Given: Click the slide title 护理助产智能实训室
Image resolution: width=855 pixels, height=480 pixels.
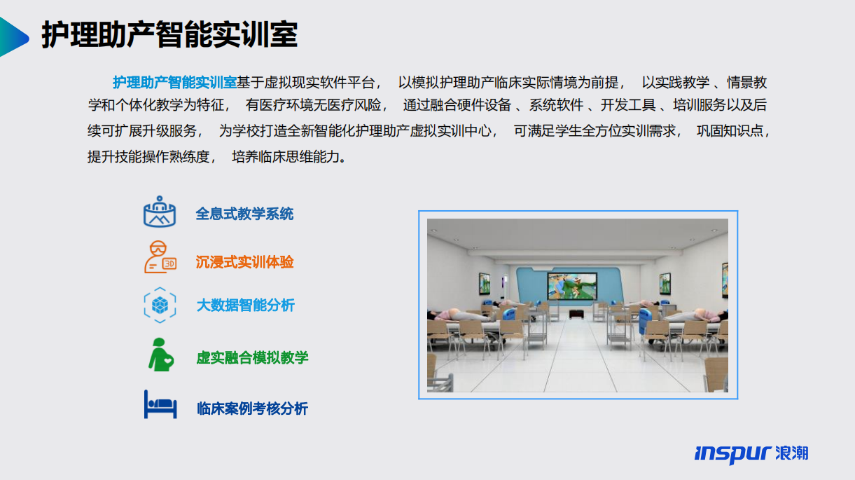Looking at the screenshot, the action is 169,35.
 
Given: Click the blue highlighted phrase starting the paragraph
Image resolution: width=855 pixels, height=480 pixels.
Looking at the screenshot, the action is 174,83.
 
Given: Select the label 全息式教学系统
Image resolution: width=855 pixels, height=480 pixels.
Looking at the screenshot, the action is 244,214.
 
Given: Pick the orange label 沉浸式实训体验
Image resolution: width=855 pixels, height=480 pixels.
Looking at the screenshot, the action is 244,262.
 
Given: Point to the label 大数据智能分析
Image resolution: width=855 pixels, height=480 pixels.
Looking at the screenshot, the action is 245,305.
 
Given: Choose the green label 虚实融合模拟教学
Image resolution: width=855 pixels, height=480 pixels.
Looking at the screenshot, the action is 252,357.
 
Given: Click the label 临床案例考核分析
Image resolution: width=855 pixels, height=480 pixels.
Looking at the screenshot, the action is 252,409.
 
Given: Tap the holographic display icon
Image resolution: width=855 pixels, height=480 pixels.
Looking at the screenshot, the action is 160,212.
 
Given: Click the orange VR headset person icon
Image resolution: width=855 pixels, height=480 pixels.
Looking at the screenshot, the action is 160,257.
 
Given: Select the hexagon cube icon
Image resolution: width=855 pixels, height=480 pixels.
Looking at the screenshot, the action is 160,305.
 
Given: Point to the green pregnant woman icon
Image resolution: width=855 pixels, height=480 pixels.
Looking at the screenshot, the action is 160,355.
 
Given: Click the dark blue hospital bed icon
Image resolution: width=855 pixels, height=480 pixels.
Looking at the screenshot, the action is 160,404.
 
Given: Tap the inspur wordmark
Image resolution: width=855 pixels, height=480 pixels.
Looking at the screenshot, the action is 733,454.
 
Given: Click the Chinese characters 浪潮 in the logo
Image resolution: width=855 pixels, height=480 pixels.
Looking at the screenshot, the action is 792,453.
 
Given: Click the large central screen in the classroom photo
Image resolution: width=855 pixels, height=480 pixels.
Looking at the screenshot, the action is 572,286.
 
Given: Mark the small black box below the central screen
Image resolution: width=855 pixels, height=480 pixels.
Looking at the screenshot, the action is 576,314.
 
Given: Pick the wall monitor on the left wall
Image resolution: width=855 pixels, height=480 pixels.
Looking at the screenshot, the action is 485,283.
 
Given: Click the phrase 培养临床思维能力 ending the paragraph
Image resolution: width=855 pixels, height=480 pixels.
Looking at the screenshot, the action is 286,156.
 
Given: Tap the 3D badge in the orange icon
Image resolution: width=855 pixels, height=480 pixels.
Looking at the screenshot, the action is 169,263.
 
